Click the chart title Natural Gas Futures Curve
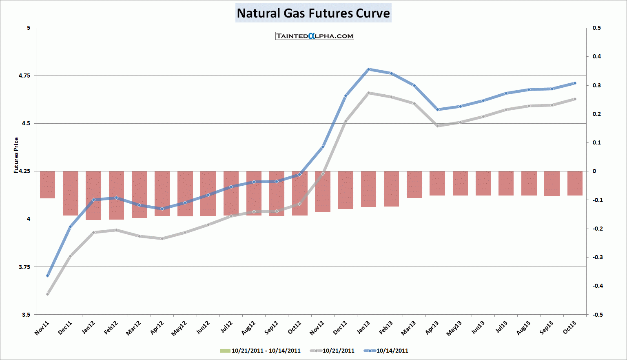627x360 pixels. click(x=313, y=13)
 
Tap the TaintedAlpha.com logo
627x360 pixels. click(x=315, y=36)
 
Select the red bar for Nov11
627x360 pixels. click(x=47, y=184)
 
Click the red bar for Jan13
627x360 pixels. click(x=368, y=189)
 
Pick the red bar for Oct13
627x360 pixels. click(x=575, y=183)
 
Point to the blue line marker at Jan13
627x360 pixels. click(x=368, y=69)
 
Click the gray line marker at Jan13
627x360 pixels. click(x=368, y=93)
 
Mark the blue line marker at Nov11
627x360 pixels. click(x=47, y=276)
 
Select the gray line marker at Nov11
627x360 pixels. click(x=47, y=294)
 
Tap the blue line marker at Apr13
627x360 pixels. click(x=437, y=109)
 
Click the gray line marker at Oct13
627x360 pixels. click(x=575, y=99)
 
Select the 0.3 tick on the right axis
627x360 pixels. click(x=597, y=85)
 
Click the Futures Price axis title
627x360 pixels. click(x=16, y=156)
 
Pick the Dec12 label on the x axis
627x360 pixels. click(x=340, y=328)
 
